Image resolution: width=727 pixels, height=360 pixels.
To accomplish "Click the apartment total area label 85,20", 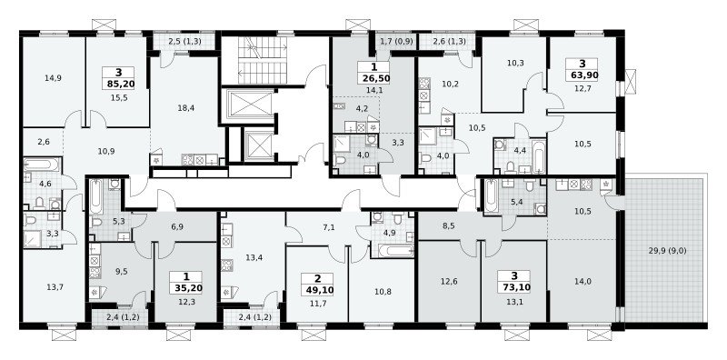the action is pos(118,84).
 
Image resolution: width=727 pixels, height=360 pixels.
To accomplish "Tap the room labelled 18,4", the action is pos(186,107).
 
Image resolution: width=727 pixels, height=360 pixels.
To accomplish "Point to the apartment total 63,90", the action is pos(581,75).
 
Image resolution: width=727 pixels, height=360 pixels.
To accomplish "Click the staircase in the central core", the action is pos(264,60).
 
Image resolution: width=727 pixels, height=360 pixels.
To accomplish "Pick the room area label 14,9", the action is pos(53,78).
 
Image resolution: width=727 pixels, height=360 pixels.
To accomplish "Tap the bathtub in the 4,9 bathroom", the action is pos(395,251).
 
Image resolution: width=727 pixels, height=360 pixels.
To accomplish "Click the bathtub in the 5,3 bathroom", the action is pos(96,196).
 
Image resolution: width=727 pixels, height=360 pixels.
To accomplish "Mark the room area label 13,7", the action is pos(55,286).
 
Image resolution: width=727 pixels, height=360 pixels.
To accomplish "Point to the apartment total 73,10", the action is pos(514,287).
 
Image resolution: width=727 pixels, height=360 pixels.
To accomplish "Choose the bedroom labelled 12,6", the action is pos(449,281).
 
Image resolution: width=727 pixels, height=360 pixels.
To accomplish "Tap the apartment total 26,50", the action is pos(373,78).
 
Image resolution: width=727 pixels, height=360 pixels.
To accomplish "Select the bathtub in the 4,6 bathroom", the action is pos(42,165).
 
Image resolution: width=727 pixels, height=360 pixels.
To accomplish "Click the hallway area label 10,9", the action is pos(106,151).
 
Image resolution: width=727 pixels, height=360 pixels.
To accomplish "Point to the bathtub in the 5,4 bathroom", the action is pos(493,195).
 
